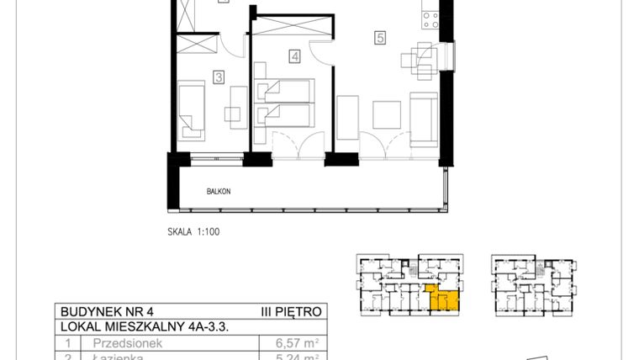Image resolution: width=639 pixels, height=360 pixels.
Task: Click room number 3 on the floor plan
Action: [218, 77]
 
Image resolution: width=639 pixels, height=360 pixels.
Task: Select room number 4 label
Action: [294, 57]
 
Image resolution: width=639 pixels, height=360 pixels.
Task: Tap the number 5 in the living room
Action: [381, 37]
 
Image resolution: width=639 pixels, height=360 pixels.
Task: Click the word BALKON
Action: [219, 192]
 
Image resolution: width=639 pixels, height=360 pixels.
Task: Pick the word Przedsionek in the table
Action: [124, 343]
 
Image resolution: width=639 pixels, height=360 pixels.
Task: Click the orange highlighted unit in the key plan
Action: [444, 299]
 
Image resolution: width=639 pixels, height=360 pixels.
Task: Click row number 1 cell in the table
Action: [66, 343]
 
